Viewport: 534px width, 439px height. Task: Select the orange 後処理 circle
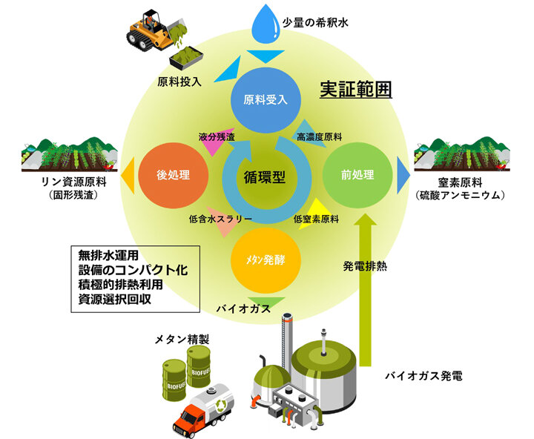point(174,176)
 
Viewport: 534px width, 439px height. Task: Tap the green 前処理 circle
point(357,176)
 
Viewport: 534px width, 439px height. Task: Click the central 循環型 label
point(266,176)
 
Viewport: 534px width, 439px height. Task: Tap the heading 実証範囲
point(355,90)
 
